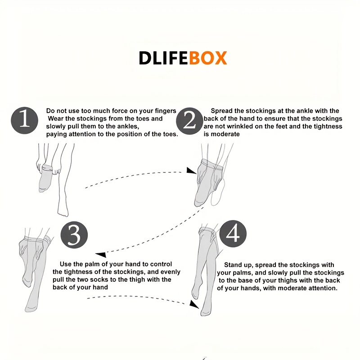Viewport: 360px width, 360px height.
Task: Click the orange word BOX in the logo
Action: click(208, 58)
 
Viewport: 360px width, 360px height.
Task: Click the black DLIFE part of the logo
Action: click(164, 58)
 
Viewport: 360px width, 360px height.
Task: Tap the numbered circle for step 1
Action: click(25, 120)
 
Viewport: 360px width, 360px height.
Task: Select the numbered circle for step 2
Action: click(189, 121)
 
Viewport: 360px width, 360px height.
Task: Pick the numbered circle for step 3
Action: click(74, 234)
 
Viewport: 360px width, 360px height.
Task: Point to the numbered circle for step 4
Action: click(233, 234)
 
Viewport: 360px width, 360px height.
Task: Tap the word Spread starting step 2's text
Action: click(221, 111)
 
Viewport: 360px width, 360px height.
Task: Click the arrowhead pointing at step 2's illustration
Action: click(191, 171)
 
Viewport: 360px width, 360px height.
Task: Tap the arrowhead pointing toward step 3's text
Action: click(101, 254)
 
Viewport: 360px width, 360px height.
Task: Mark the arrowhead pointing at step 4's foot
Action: click(194, 305)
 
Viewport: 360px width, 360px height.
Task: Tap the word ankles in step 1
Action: click(128, 126)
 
